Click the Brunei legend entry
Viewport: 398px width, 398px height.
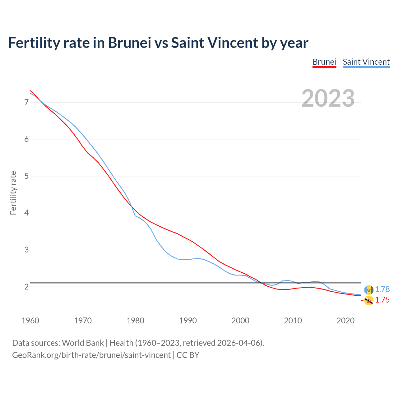[x=324, y=62]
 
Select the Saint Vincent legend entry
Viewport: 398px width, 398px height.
[x=366, y=62]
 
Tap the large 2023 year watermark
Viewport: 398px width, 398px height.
[x=328, y=98]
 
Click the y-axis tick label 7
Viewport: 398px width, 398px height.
[x=26, y=102]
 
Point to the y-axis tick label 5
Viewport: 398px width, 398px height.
[x=26, y=176]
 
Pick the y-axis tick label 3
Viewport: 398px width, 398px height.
[x=26, y=250]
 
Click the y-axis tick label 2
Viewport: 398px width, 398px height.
[x=26, y=287]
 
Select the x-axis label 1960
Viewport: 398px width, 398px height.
[x=30, y=321]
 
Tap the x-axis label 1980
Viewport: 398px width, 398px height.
[x=135, y=321]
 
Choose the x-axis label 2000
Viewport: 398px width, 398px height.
[x=240, y=321]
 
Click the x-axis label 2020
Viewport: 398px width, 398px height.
[x=345, y=321]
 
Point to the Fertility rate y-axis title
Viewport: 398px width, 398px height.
[x=13, y=193]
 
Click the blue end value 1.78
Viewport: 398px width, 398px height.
[x=382, y=289]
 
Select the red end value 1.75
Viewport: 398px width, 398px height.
[x=382, y=300]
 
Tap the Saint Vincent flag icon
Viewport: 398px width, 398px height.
[x=369, y=290]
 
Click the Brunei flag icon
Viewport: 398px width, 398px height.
[x=369, y=300]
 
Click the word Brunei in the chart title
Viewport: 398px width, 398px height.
[x=129, y=43]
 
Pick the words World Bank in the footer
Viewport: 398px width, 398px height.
[x=83, y=343]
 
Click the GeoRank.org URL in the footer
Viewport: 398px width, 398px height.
[x=91, y=355]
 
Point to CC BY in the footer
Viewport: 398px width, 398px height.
[x=188, y=355]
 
